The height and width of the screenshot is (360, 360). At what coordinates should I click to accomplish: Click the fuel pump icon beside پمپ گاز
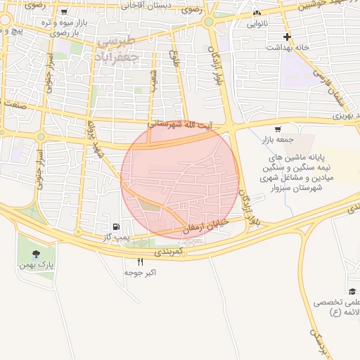click(115, 227)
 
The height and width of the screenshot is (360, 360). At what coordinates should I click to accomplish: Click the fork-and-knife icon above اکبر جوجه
click(140, 262)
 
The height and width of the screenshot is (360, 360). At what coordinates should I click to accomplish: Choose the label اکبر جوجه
click(140, 272)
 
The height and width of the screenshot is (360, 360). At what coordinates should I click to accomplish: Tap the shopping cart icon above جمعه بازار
click(278, 129)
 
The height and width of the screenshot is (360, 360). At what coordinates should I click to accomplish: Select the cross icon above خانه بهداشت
click(287, 37)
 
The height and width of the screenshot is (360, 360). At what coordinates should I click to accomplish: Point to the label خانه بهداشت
click(287, 47)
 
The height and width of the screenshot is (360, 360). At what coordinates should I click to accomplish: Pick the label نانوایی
click(256, 23)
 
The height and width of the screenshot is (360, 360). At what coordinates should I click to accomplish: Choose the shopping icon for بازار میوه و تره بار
click(65, 12)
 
